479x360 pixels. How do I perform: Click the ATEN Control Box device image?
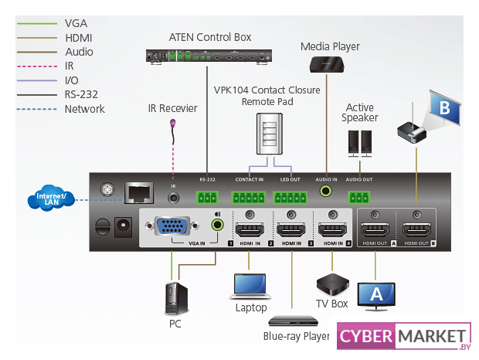point(210,55)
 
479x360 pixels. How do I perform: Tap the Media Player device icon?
point(329,63)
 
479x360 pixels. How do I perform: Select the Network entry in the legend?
point(85,109)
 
